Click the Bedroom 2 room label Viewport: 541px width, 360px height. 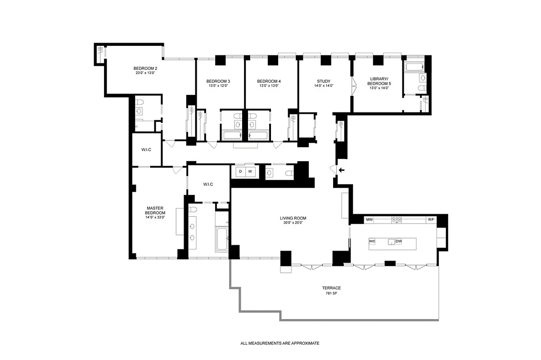pos(145,68)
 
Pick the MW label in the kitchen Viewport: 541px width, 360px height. pos(369,220)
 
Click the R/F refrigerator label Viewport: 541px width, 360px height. pos(431,220)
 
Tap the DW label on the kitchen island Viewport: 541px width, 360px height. pos(399,242)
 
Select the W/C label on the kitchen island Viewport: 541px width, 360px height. pos(372,242)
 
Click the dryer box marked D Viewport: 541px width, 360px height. pos(240,171)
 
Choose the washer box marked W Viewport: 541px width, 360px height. pos(250,171)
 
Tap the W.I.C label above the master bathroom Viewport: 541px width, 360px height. pos(207,184)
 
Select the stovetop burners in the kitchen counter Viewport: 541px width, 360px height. pos(397,220)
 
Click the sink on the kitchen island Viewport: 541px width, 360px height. pos(392,242)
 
